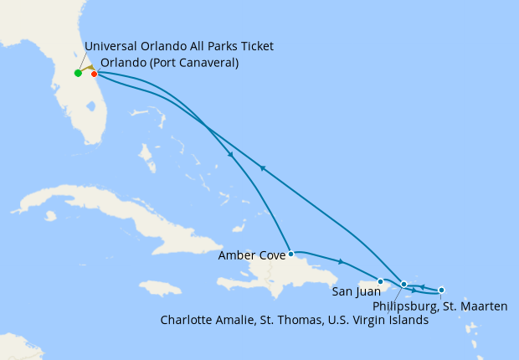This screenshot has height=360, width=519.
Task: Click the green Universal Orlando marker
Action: click(x=78, y=73)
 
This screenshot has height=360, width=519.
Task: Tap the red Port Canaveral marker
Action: click(x=95, y=74)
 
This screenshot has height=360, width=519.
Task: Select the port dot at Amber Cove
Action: click(x=290, y=253)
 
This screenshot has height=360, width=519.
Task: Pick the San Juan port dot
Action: click(x=381, y=281)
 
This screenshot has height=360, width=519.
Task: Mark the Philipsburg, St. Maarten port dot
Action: click(x=441, y=290)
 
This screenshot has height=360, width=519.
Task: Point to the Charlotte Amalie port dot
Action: click(x=404, y=284)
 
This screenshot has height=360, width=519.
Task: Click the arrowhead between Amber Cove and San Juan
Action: click(x=341, y=262)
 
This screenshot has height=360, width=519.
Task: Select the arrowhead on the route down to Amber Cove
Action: click(x=230, y=154)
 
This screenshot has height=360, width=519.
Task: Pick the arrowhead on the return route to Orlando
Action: click(x=262, y=168)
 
